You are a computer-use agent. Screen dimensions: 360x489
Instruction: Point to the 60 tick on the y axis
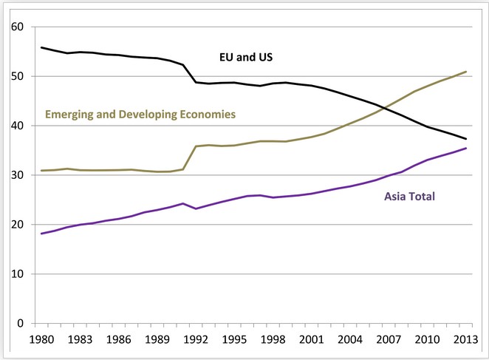click(18, 27)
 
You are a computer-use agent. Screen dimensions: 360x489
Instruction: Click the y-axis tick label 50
click(18, 77)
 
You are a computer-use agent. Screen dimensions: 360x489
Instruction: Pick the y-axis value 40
click(18, 126)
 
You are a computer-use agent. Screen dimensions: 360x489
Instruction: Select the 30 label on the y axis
click(18, 175)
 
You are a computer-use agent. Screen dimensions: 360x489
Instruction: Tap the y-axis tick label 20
click(18, 225)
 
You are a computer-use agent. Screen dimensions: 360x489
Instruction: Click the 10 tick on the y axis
click(18, 274)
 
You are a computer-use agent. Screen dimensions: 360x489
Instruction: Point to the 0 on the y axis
click(22, 323)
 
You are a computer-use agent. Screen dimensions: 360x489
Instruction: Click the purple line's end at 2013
click(467, 149)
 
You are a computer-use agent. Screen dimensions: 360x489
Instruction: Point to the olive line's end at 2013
click(467, 72)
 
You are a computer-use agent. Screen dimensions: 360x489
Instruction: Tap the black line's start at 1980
click(41, 48)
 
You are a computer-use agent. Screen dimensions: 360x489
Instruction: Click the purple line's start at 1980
click(41, 234)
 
